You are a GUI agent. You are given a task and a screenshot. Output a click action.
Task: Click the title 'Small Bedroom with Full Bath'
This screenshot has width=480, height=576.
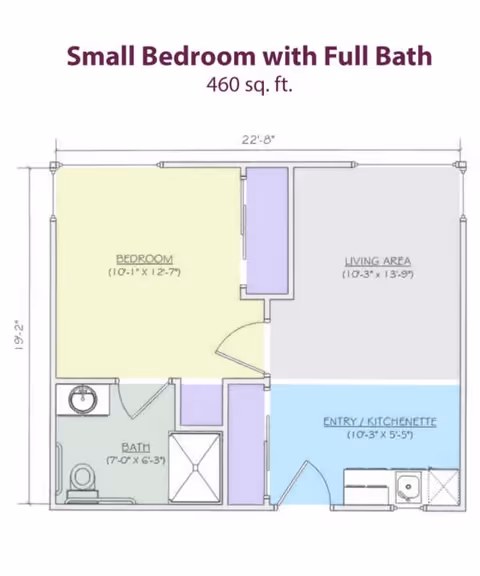pyautogui.click(x=249, y=55)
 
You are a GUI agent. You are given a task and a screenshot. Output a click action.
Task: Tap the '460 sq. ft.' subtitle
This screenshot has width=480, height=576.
pyautogui.click(x=249, y=85)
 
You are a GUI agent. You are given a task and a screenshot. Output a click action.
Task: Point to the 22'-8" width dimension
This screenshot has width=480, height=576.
pyautogui.click(x=257, y=141)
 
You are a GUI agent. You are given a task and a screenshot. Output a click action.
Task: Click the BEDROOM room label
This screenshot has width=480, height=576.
pyautogui.click(x=144, y=257)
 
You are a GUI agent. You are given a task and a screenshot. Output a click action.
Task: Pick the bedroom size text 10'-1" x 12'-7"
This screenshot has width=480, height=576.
pyautogui.click(x=144, y=271)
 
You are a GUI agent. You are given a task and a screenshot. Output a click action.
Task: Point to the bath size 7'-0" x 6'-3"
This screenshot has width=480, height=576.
pyautogui.click(x=136, y=460)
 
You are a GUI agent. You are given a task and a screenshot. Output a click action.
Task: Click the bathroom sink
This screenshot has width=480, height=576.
pyautogui.click(x=82, y=401)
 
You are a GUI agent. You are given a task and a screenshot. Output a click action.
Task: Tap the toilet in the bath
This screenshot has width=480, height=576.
pyautogui.click(x=83, y=479)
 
